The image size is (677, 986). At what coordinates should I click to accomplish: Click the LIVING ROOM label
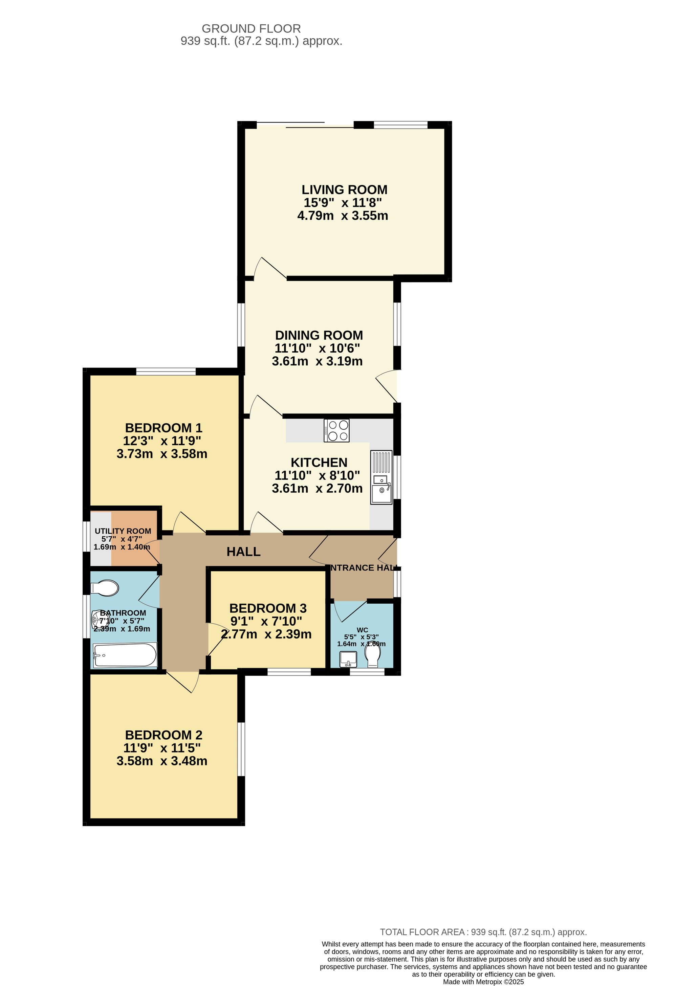point(344,189)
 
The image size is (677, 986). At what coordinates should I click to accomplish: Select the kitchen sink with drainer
point(381,477)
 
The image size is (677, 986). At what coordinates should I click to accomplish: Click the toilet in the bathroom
point(105,588)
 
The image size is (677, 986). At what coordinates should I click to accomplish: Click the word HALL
point(243,552)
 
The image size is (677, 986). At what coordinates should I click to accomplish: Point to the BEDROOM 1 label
point(163,428)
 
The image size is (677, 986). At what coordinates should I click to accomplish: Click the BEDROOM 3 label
point(268,608)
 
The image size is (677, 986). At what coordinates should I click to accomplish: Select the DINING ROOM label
point(319,335)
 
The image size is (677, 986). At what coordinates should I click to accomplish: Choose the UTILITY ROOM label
point(123,531)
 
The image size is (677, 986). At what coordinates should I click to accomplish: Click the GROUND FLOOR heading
point(251,28)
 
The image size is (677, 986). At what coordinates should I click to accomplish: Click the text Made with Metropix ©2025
point(483,982)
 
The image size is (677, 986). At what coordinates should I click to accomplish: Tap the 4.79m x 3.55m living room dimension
point(343,216)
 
